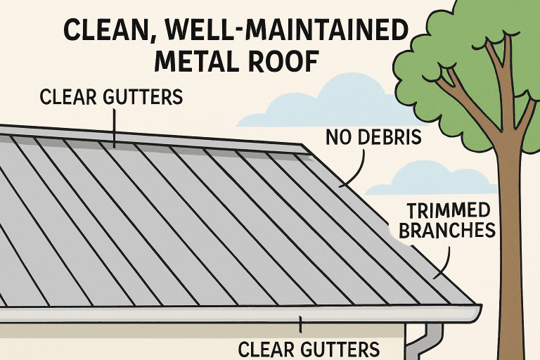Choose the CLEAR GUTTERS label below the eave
click(309, 348)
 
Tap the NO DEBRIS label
click(373, 136)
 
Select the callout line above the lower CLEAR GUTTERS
click(300, 325)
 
